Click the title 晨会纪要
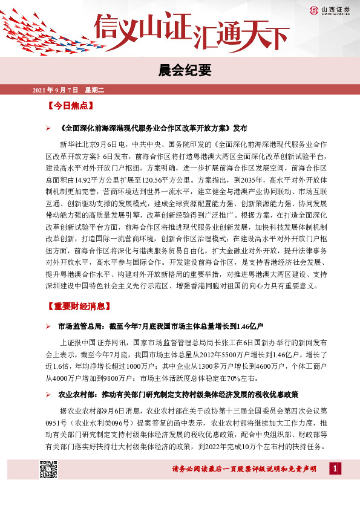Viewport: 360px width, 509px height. click(180, 70)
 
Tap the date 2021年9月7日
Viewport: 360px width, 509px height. click(55, 91)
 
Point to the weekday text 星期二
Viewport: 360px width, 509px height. click(94, 91)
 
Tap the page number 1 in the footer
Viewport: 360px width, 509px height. click(333, 468)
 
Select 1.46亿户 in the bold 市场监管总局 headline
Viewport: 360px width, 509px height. click(248, 326)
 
